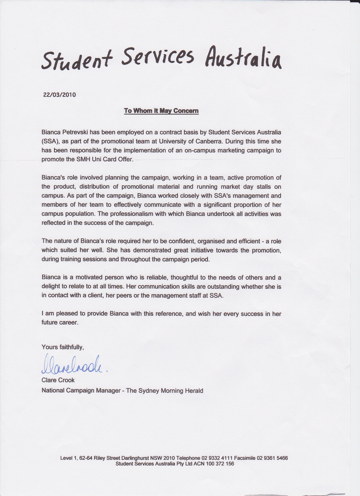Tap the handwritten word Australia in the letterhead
point(243,58)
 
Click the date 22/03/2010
point(60,95)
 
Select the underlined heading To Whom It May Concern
point(161,111)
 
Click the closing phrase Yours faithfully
point(63,347)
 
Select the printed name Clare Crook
point(58,380)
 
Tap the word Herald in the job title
point(193,390)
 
